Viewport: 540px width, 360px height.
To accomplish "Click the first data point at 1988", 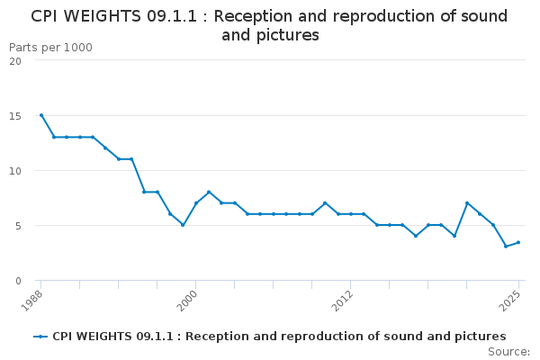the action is click(41, 115).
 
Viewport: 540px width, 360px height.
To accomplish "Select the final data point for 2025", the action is click(518, 242).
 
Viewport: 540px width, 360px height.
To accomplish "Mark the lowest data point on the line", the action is click(506, 247).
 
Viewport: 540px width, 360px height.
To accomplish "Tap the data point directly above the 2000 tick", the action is click(196, 203).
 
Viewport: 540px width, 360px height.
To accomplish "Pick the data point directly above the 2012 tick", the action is click(351, 214).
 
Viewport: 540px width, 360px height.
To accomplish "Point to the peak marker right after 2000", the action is click(209, 192).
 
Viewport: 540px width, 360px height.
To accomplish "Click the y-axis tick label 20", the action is click(15, 61).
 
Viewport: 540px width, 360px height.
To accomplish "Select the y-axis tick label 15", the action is click(15, 116).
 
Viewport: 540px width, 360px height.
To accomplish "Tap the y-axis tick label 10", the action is click(15, 171).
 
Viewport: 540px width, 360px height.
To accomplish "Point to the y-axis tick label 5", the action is click(18, 226).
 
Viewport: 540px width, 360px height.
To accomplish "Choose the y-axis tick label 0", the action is click(18, 281).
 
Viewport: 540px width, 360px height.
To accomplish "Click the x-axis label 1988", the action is click(32, 301).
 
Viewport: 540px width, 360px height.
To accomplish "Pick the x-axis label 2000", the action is click(187, 301).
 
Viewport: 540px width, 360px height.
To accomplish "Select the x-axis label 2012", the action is click(342, 301).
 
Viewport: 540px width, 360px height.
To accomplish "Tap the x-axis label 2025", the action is click(509, 301).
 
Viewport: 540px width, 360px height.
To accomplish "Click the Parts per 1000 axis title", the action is click(50, 48).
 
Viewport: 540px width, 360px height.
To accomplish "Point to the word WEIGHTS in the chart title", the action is click(103, 16).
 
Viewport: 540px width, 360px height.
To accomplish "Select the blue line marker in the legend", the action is click(40, 337).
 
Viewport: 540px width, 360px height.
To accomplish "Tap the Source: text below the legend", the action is click(508, 352).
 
